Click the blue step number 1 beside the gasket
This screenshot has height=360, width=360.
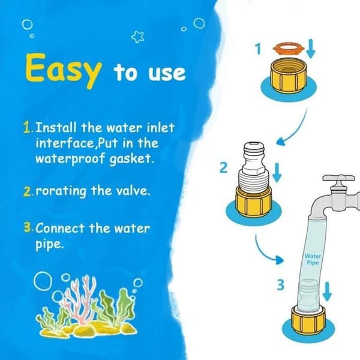click(258, 49)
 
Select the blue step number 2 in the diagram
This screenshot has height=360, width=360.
click(223, 167)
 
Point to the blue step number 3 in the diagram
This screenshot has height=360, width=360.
click(281, 285)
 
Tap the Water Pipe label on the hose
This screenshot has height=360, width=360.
click(313, 259)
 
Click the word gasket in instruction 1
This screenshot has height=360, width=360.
click(131, 159)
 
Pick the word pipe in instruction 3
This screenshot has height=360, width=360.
click(49, 245)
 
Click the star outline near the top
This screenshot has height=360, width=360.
click(138, 37)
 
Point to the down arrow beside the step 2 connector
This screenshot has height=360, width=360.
click(277, 173)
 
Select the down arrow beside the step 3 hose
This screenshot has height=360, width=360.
click(327, 291)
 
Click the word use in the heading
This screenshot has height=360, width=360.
click(167, 73)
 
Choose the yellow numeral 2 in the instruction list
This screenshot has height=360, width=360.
click(27, 191)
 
